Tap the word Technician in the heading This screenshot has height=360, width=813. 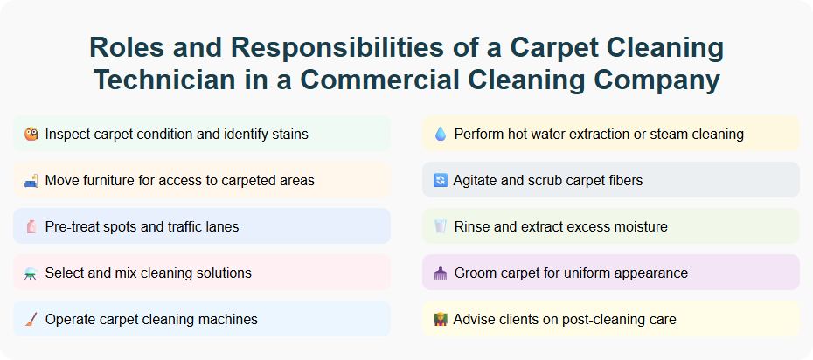(x=163, y=80)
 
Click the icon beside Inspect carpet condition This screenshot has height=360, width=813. (x=31, y=135)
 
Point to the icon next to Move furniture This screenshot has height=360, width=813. (x=31, y=181)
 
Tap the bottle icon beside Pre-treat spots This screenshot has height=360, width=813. (x=31, y=227)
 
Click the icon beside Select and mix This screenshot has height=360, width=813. (x=31, y=273)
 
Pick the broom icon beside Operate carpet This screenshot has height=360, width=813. (x=31, y=320)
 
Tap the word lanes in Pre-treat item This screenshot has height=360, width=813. (x=220, y=227)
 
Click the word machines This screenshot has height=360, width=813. (x=228, y=320)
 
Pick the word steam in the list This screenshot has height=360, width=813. (x=665, y=135)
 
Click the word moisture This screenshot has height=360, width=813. (x=640, y=227)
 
